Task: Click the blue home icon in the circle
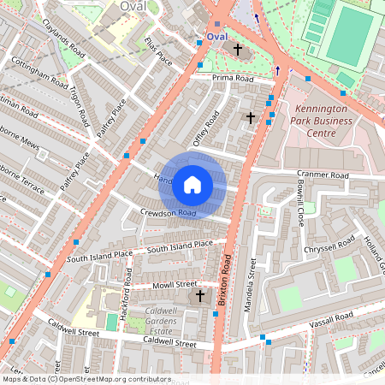point(192,184)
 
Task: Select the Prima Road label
point(234,78)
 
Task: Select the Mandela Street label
point(252,286)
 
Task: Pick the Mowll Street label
point(175,284)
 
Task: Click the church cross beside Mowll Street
point(200,296)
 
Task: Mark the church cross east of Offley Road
point(251,117)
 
